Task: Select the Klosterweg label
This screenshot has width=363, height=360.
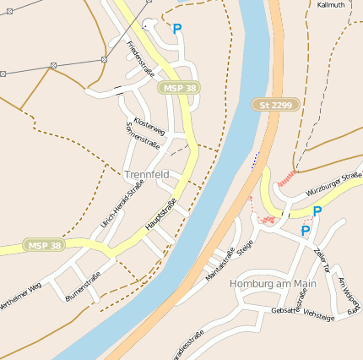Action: [x=149, y=123]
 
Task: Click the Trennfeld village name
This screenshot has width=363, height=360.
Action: [x=147, y=174]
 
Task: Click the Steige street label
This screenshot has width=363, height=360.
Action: [x=246, y=247]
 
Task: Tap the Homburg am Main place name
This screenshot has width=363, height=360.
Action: [x=273, y=284]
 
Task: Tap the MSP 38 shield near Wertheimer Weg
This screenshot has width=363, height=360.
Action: [x=45, y=246]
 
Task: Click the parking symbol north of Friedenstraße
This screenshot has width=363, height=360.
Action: [x=177, y=29]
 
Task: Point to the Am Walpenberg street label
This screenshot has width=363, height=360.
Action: [x=349, y=292]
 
